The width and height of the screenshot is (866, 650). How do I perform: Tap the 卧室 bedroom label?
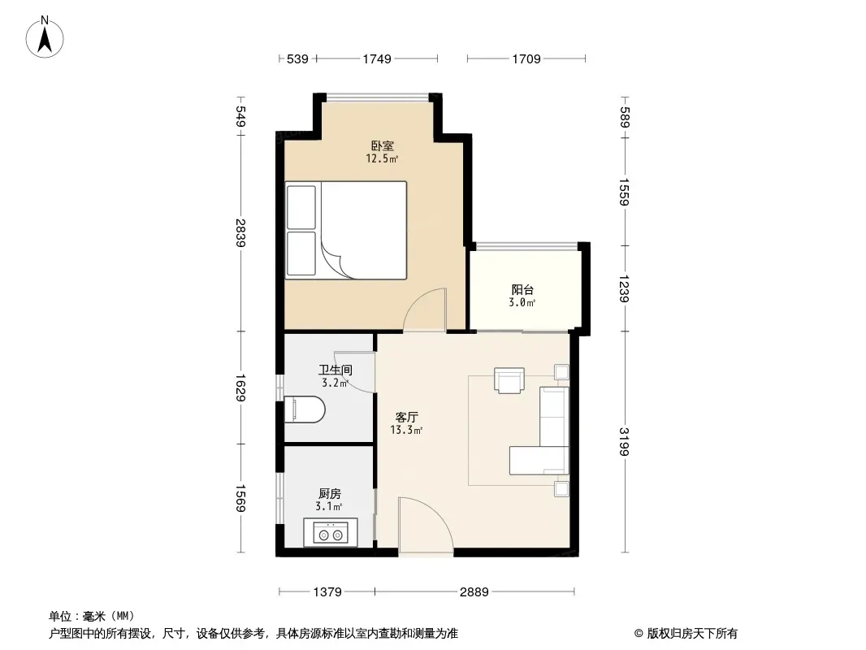coord(382,145)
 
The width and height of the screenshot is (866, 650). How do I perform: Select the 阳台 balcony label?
coord(522,290)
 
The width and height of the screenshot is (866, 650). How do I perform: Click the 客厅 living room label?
coord(406,417)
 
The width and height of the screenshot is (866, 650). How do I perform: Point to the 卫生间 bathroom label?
coord(336,370)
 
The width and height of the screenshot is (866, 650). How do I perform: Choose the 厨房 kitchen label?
coord(329,494)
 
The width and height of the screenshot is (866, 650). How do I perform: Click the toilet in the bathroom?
coord(305,409)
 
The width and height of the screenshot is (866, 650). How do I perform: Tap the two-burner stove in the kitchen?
coord(331,533)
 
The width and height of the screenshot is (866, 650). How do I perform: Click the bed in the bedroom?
coord(346,230)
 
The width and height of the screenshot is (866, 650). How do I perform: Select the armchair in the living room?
coord(509,380)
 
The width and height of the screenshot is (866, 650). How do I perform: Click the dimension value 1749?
coord(377,59)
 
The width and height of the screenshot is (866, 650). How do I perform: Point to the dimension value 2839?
coord(240,232)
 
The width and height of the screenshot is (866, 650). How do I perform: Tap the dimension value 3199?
coord(624,442)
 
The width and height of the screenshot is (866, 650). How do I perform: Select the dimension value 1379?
coord(327,592)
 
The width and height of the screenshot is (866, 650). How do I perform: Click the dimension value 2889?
coord(474,592)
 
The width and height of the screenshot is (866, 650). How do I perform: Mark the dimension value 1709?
coord(526,59)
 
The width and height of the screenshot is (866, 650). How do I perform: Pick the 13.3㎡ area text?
coord(406,430)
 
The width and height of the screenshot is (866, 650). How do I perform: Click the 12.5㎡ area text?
coord(382,159)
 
